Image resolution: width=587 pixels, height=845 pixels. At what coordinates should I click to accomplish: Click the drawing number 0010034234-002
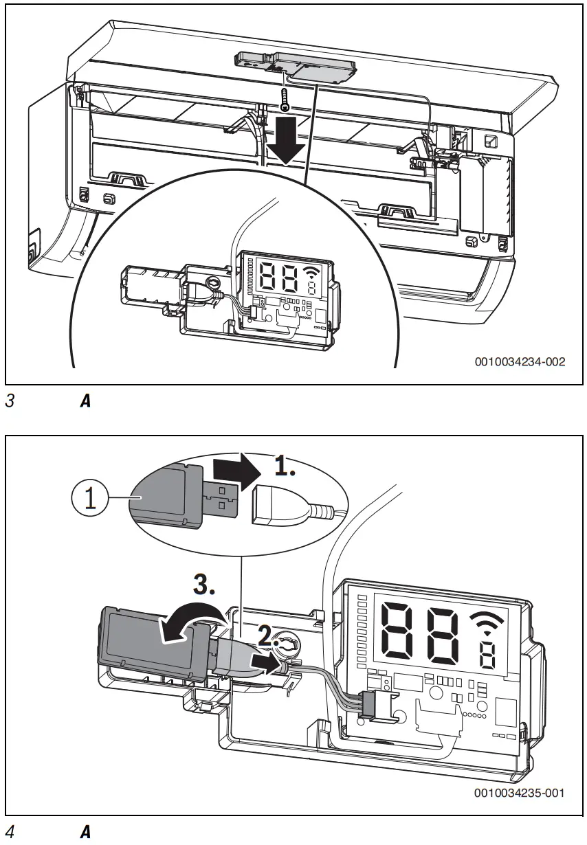tap(520, 362)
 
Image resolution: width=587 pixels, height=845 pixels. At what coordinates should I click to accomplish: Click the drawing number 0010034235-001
tap(520, 793)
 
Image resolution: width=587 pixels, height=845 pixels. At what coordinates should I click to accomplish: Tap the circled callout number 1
tap(90, 498)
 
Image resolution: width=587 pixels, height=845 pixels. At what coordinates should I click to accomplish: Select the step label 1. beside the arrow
tap(285, 467)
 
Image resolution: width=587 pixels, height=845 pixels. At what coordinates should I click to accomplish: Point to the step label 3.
tap(204, 585)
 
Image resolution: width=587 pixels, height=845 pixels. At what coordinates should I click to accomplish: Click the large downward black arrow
tap(286, 141)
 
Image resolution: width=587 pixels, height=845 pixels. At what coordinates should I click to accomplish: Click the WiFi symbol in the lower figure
tap(487, 623)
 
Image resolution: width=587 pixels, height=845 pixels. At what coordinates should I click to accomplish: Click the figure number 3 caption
tap(10, 401)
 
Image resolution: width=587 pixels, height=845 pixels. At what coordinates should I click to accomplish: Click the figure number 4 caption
tap(10, 831)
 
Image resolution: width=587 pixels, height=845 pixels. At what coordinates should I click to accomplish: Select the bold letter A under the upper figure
tap(86, 401)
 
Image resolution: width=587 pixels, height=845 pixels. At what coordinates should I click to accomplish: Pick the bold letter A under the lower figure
tap(86, 831)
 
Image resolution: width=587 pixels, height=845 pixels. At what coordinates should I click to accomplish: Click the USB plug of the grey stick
tap(221, 499)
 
